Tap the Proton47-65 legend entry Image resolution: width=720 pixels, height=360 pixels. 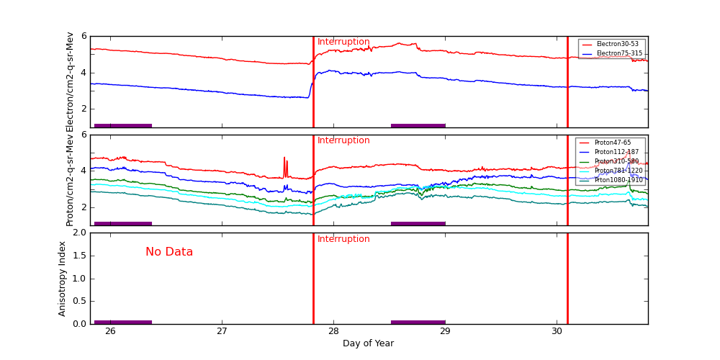pos(612,143)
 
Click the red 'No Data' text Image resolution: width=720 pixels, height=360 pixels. pos(169,252)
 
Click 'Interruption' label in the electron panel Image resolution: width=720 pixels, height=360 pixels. pos(343,42)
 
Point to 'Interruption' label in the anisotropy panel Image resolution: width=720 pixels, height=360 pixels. pos(343,239)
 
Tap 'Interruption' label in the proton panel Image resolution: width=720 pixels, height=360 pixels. pos(343,140)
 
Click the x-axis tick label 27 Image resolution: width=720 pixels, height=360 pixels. pos(222,331)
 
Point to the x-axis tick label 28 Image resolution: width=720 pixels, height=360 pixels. pos(333,331)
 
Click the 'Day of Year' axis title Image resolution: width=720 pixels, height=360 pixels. pos(368,343)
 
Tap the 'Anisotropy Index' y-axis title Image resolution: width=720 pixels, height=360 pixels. pos(63,278)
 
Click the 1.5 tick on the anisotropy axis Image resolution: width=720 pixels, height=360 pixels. pos(79,256)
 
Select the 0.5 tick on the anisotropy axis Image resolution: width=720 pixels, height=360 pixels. pos(79,301)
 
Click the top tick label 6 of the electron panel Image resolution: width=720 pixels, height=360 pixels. pos(84,36)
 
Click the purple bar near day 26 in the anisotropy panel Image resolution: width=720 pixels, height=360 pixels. pos(122,322)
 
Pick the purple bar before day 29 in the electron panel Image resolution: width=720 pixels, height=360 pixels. pos(418,125)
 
